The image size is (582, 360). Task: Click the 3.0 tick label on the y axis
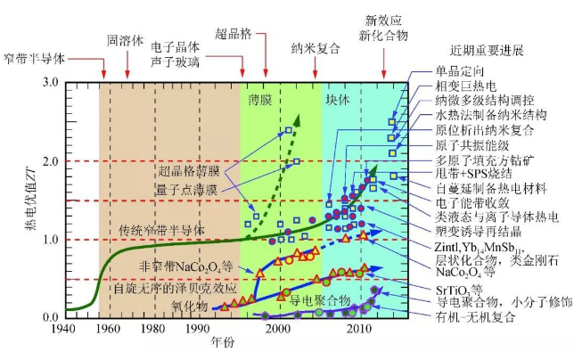tap(51, 83)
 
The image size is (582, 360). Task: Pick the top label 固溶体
tap(125, 41)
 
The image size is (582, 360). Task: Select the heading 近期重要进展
tap(487, 50)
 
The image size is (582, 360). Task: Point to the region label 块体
tap(338, 99)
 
